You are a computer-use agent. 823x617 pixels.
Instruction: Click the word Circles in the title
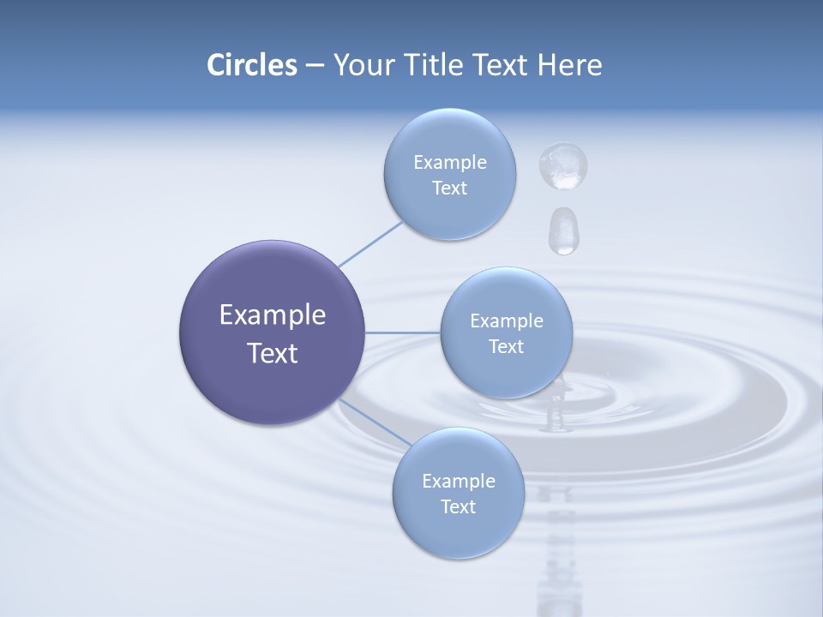(251, 65)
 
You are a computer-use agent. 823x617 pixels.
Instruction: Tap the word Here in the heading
(569, 65)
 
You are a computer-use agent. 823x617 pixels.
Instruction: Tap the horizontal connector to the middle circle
(402, 332)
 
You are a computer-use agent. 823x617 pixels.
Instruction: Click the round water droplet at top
(562, 165)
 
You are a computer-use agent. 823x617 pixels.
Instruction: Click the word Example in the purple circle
(272, 314)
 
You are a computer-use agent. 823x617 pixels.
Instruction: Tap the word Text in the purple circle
(272, 353)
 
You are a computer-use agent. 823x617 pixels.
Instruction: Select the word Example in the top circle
(449, 162)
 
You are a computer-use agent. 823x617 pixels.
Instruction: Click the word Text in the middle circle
(506, 346)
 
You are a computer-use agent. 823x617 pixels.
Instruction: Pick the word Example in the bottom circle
(458, 481)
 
